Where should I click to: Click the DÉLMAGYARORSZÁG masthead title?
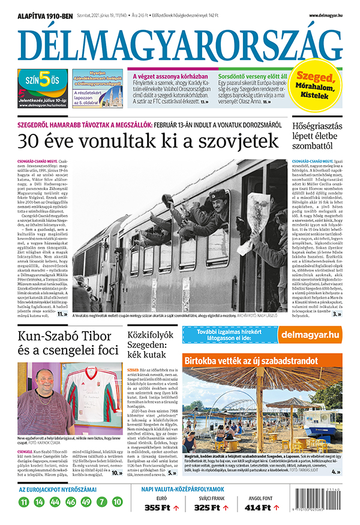(x=180, y=44)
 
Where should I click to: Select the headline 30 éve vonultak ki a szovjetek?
(x=149, y=141)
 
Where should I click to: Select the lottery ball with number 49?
(x=86, y=502)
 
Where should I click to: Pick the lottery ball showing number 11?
(x=24, y=502)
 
